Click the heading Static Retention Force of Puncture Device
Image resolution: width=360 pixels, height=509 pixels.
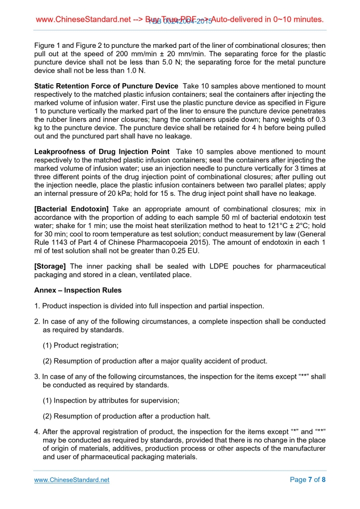click(106, 86)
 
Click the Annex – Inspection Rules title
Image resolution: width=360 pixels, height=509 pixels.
click(78, 290)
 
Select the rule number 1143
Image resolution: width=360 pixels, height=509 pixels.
click(62, 243)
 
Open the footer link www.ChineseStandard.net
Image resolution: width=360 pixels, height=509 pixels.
click(72, 480)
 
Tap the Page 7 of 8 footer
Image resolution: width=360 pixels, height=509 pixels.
click(308, 480)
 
